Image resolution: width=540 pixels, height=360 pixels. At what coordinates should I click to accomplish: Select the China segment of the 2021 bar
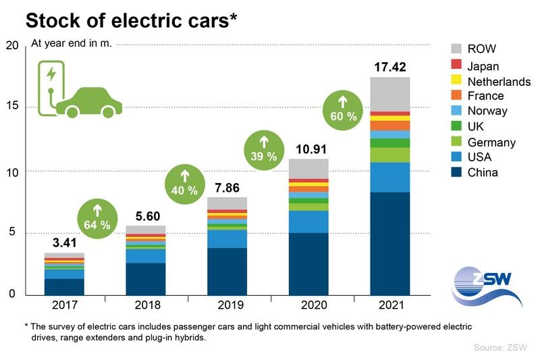pos(390,243)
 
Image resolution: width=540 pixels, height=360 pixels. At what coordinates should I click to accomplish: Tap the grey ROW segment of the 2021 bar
pos(390,94)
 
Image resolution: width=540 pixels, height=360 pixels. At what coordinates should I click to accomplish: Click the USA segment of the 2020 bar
pos(308,222)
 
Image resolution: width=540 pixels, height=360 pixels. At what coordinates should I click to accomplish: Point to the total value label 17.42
pos(390,68)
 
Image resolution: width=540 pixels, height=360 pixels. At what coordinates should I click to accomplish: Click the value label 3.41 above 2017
pos(64,242)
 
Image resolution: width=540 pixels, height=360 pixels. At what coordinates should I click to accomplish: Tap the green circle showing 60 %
pos(343,109)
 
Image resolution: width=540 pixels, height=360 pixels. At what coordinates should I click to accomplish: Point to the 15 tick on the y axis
pos(12,108)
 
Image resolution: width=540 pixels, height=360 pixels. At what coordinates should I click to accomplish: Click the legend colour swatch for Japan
pos(456,66)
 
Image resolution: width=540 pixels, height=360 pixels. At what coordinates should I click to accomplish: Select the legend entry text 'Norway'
pos(487,111)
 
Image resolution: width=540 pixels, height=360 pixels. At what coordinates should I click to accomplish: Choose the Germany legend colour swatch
pos(456,142)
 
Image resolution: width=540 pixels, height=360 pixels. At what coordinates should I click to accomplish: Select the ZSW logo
pos(486,284)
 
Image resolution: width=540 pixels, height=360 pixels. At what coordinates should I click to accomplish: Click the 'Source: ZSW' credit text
pos(499,348)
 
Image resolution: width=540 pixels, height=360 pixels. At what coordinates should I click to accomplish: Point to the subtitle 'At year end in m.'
pos(72,44)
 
